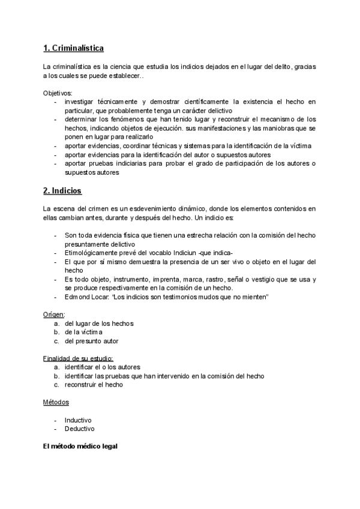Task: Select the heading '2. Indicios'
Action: (x=62, y=191)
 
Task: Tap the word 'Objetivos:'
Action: (x=57, y=94)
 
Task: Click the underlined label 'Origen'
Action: (x=53, y=315)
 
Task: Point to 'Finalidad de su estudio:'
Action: (x=77, y=358)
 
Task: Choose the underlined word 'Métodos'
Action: (x=56, y=402)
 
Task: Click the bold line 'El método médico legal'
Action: (x=81, y=447)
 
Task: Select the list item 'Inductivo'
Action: (x=78, y=420)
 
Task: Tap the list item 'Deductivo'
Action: (x=79, y=429)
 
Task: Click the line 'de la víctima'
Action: (x=84, y=332)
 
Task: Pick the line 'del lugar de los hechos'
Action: (x=99, y=324)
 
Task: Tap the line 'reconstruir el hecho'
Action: (x=94, y=385)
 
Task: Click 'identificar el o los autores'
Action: (x=103, y=367)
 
